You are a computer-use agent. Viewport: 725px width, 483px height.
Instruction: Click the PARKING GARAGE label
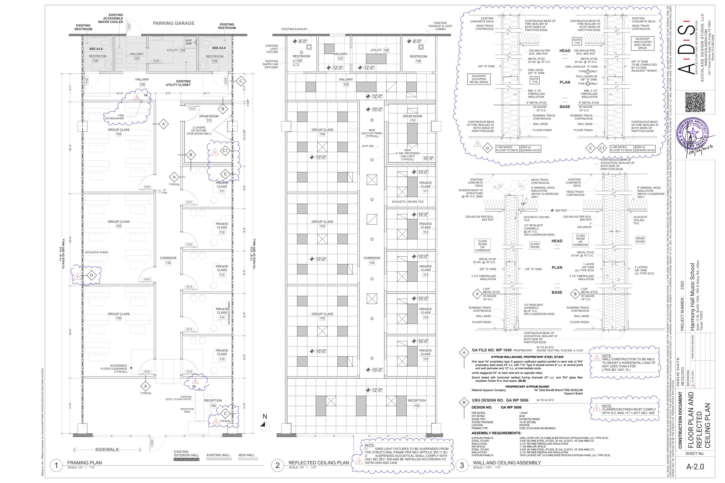174,23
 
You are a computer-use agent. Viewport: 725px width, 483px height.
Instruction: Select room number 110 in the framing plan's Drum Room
209,121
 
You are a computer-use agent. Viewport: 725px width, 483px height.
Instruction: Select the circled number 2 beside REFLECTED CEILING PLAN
277,465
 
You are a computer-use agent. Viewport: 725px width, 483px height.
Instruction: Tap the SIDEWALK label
107,450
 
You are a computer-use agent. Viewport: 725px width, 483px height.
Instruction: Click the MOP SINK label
189,42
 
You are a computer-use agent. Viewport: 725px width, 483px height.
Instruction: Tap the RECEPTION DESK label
187,410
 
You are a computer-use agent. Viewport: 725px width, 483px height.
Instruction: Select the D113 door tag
189,287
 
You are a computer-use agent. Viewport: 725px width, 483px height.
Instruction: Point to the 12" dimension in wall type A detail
523,204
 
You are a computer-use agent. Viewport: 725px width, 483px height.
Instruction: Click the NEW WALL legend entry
246,455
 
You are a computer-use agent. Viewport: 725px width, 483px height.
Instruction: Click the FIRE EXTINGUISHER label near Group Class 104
114,117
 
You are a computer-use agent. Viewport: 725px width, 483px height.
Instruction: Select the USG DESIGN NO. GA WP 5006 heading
500,400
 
